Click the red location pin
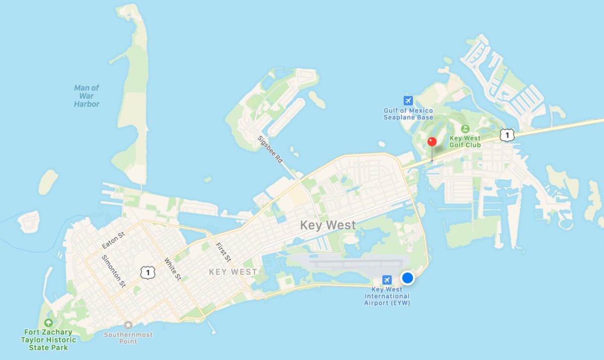431,142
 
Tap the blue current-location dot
408,277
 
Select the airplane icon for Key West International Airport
387,279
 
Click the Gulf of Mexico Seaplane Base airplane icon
408,100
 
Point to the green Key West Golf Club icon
465,129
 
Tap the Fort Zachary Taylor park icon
48,323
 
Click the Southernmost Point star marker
128,325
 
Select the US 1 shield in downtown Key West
147,272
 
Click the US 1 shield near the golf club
507,134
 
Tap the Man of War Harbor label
87,96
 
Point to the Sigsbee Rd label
270,149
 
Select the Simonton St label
113,270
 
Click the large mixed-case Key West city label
328,225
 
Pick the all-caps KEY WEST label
233,272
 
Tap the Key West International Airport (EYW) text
387,296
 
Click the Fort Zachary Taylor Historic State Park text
48,340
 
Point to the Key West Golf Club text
465,141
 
